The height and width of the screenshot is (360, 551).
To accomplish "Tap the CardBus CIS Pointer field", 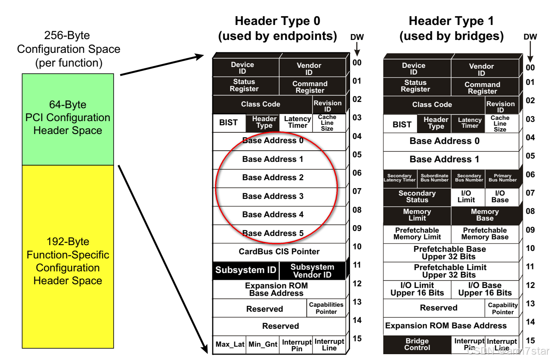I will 279,252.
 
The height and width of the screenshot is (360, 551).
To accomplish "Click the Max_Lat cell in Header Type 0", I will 229,345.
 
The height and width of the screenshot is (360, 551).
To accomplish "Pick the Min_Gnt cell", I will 263,345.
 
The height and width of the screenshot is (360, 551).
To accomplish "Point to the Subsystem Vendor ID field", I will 312,271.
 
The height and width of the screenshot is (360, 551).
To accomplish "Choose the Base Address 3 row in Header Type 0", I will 273,196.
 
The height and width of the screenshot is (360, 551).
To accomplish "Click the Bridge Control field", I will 417,344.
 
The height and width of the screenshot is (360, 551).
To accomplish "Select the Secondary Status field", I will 417,196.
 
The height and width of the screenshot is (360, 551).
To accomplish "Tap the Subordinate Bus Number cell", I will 434,178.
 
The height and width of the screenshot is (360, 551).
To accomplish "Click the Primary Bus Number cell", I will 502,178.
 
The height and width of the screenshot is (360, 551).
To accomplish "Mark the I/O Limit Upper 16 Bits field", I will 417,289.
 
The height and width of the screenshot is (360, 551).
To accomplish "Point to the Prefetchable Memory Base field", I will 485,233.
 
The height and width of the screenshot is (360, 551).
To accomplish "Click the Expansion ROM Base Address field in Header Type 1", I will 446,326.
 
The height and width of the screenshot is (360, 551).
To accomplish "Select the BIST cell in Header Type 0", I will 228,123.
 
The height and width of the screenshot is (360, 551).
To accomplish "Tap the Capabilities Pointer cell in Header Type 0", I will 326,308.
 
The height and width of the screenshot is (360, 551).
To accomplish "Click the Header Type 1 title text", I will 452,28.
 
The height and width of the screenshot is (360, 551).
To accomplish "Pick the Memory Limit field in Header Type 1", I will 417,215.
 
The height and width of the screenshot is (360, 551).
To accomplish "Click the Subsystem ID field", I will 246,270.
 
